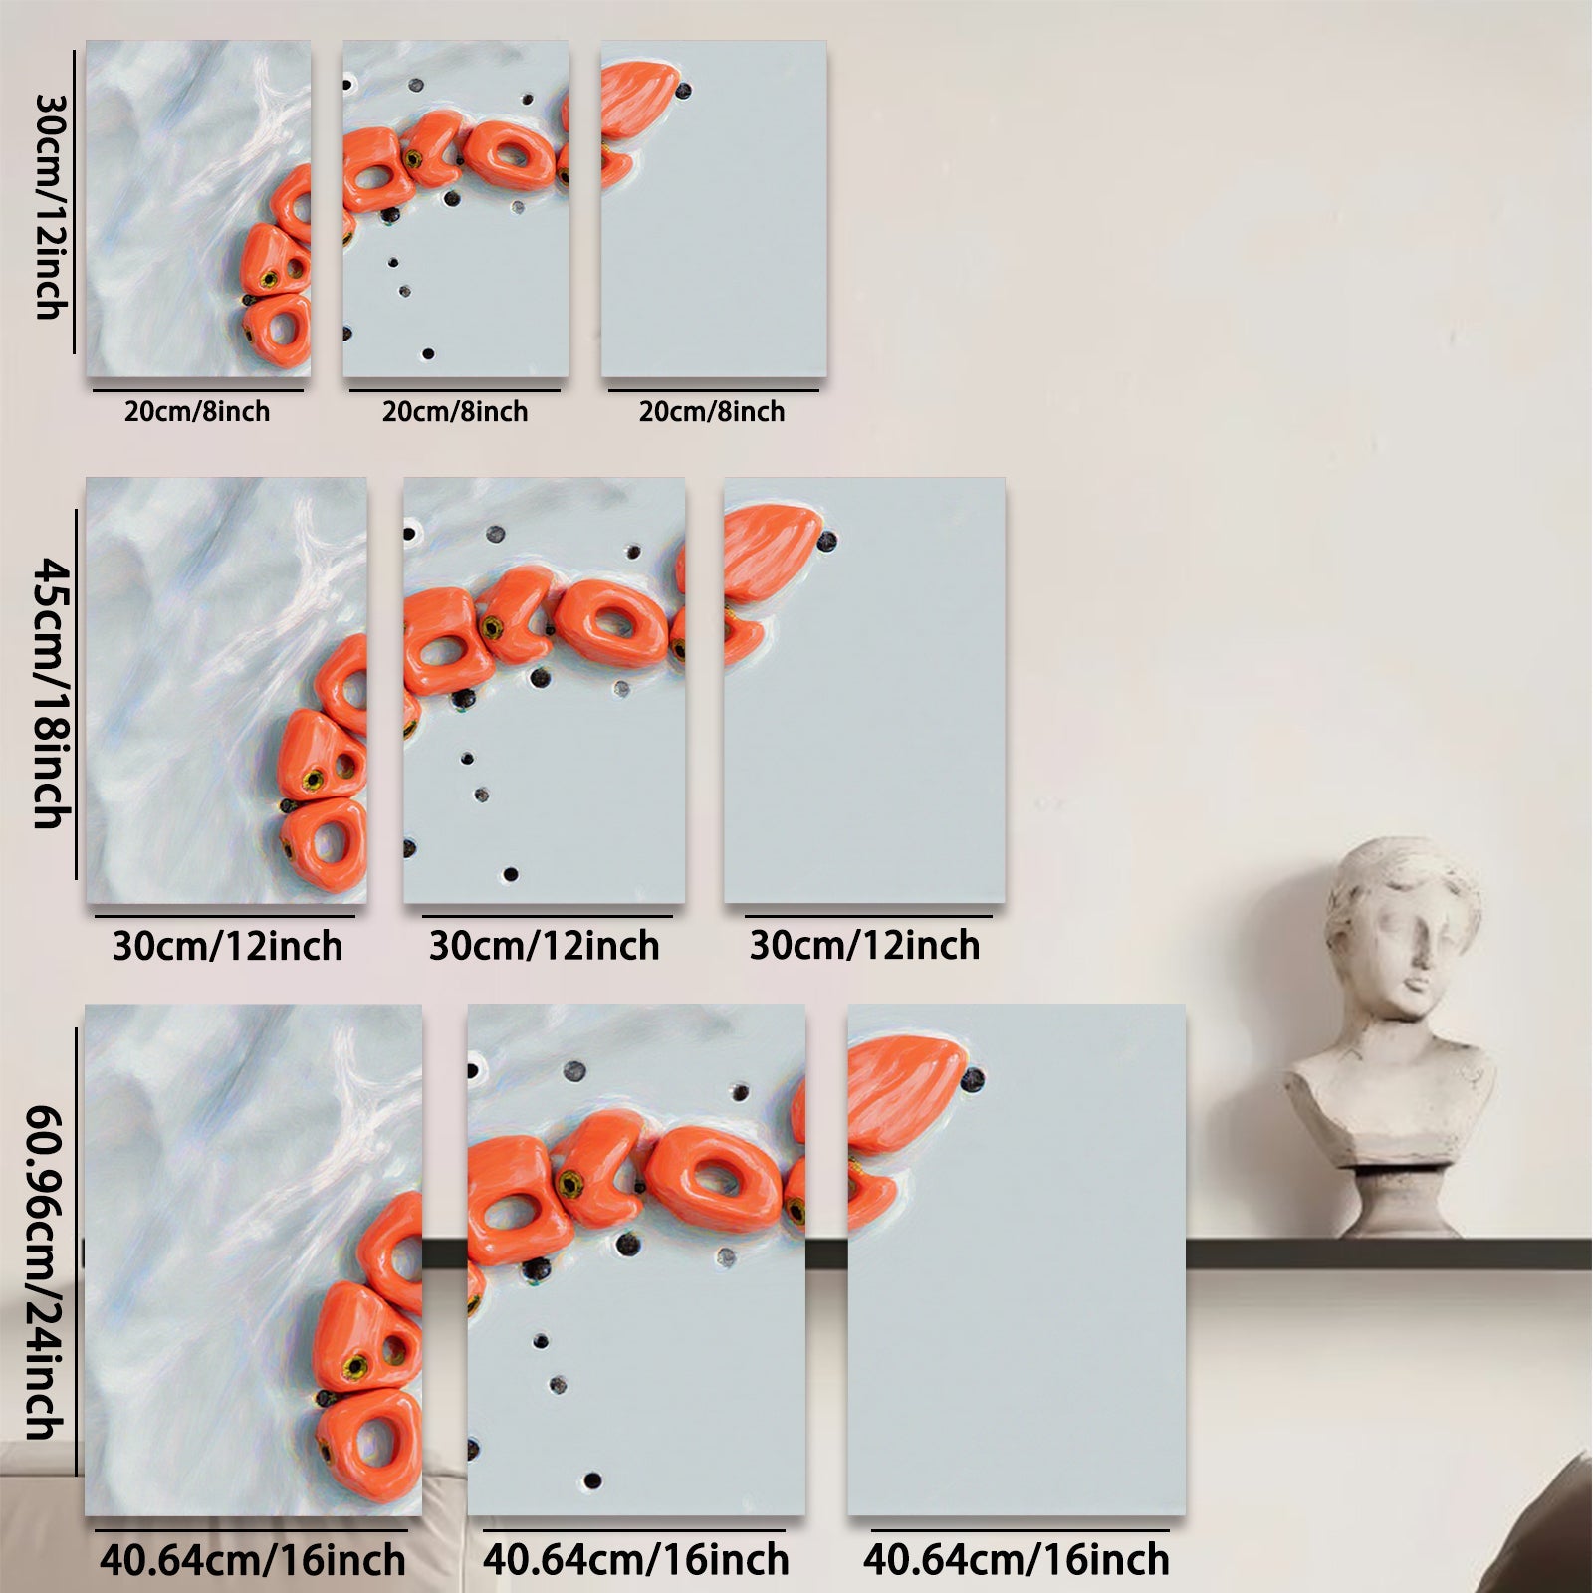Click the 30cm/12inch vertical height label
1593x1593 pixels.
tap(48, 206)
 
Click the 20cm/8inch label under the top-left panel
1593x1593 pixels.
tap(197, 411)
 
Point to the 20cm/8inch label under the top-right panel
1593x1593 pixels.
tap(712, 411)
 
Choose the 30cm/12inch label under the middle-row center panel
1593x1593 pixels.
tap(545, 945)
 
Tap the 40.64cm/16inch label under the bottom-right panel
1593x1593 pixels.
tap(1017, 1559)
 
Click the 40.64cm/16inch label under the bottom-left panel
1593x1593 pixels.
tap(253, 1559)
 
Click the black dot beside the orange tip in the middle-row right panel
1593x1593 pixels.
tap(826, 542)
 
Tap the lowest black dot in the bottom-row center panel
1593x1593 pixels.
tap(593, 1480)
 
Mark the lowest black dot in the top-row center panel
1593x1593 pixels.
tap(428, 353)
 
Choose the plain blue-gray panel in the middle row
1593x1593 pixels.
tap(864, 691)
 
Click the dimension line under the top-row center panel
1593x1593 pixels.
tap(455, 390)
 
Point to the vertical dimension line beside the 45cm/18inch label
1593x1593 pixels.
tap(77, 694)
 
